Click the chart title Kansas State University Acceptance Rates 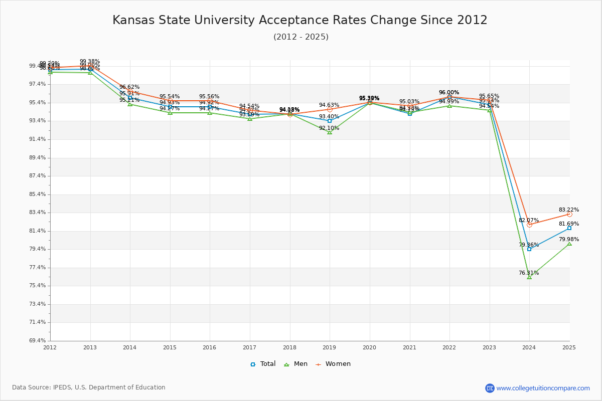pyautogui.click(x=300, y=21)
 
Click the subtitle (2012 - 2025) pyautogui.click(x=301, y=37)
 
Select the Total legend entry pyautogui.click(x=263, y=364)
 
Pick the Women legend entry pyautogui.click(x=333, y=364)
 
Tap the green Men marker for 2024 pyautogui.click(x=529, y=277)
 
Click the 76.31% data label pyautogui.click(x=529, y=273)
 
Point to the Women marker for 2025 pyautogui.click(x=569, y=214)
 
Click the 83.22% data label pyautogui.click(x=569, y=210)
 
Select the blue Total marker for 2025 pyautogui.click(x=569, y=228)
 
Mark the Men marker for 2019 pyautogui.click(x=330, y=132)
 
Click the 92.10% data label pyautogui.click(x=329, y=128)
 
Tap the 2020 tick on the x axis pyautogui.click(x=370, y=347)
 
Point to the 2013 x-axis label pyautogui.click(x=90, y=347)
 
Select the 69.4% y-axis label pyautogui.click(x=40, y=341)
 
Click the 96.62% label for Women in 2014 pyautogui.click(x=129, y=87)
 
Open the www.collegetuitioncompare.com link pyautogui.click(x=543, y=388)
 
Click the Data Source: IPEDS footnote pyautogui.click(x=89, y=387)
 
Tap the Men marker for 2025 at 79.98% pyautogui.click(x=569, y=244)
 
